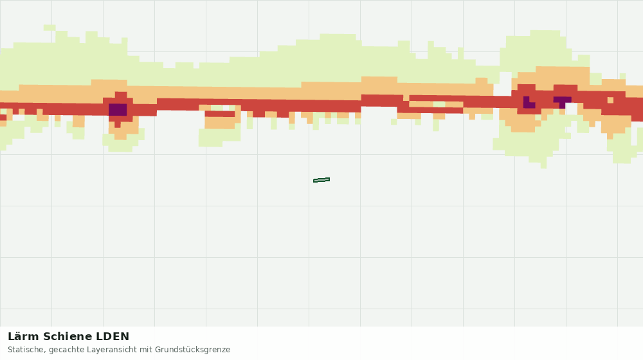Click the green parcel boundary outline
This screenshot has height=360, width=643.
click(321, 180)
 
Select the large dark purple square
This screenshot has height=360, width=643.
click(118, 109)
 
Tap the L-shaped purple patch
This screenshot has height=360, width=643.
click(528, 103)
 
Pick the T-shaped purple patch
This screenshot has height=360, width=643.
click(562, 102)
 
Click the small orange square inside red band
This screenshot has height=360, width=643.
click(610, 100)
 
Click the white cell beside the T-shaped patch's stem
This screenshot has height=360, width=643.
click(571, 109)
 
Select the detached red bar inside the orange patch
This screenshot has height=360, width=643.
click(220, 114)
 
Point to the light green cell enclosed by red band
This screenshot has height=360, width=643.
click(439, 104)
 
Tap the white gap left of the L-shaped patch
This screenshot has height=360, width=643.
click(505, 84)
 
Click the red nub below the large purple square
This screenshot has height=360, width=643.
click(117, 124)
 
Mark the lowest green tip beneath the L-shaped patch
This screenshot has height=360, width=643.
click(543, 165)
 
